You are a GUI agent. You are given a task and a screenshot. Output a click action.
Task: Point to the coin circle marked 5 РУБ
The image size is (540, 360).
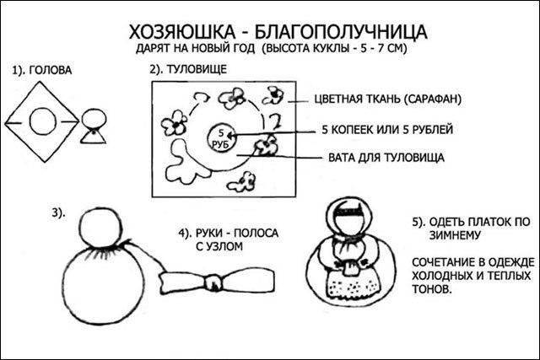coord(218,137)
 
